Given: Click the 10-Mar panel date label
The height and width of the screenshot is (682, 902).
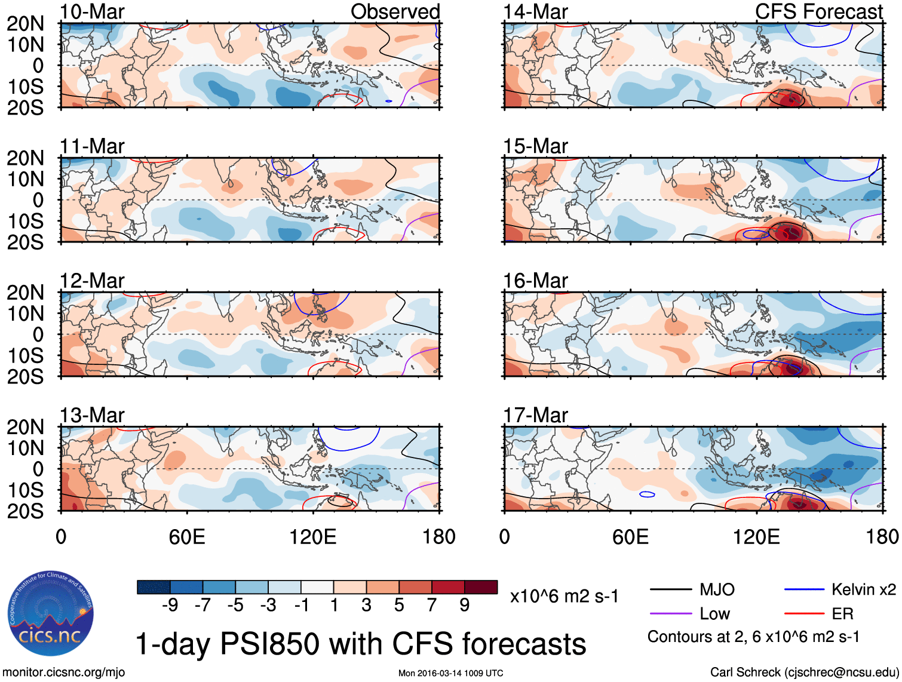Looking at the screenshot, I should click(x=92, y=12).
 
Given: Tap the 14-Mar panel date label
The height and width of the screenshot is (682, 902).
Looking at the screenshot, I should click(x=535, y=12).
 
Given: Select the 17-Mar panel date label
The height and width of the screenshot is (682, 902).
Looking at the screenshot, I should click(x=535, y=415).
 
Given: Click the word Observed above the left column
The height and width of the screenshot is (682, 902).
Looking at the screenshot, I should click(x=395, y=12).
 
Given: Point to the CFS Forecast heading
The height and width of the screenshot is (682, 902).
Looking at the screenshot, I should click(x=818, y=12).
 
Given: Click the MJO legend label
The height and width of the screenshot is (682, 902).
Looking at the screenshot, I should click(x=717, y=590).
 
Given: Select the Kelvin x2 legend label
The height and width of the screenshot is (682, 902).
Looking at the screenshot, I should click(x=863, y=590).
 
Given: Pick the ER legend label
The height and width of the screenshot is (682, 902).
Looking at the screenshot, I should click(x=842, y=614).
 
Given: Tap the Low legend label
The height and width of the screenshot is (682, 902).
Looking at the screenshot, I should click(x=715, y=614).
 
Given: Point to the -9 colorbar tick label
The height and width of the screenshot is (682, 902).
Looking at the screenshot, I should click(x=170, y=606).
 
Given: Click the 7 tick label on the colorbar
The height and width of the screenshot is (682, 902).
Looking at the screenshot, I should click(x=432, y=606).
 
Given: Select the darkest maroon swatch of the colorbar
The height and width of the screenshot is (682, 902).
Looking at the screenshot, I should click(x=481, y=587).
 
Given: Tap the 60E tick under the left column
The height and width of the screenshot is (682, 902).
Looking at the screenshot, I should click(x=187, y=537).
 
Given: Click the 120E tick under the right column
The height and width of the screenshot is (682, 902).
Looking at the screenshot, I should click(x=756, y=537).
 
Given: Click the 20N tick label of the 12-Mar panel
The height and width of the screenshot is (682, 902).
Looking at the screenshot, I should click(x=25, y=293).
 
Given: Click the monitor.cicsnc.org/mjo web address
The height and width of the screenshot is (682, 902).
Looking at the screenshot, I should click(x=64, y=672).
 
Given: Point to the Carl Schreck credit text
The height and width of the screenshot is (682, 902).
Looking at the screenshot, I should click(x=804, y=672).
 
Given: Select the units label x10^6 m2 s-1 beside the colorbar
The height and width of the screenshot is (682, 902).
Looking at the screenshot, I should click(x=564, y=597).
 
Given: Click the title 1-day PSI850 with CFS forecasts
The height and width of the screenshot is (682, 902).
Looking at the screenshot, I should click(x=361, y=644).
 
